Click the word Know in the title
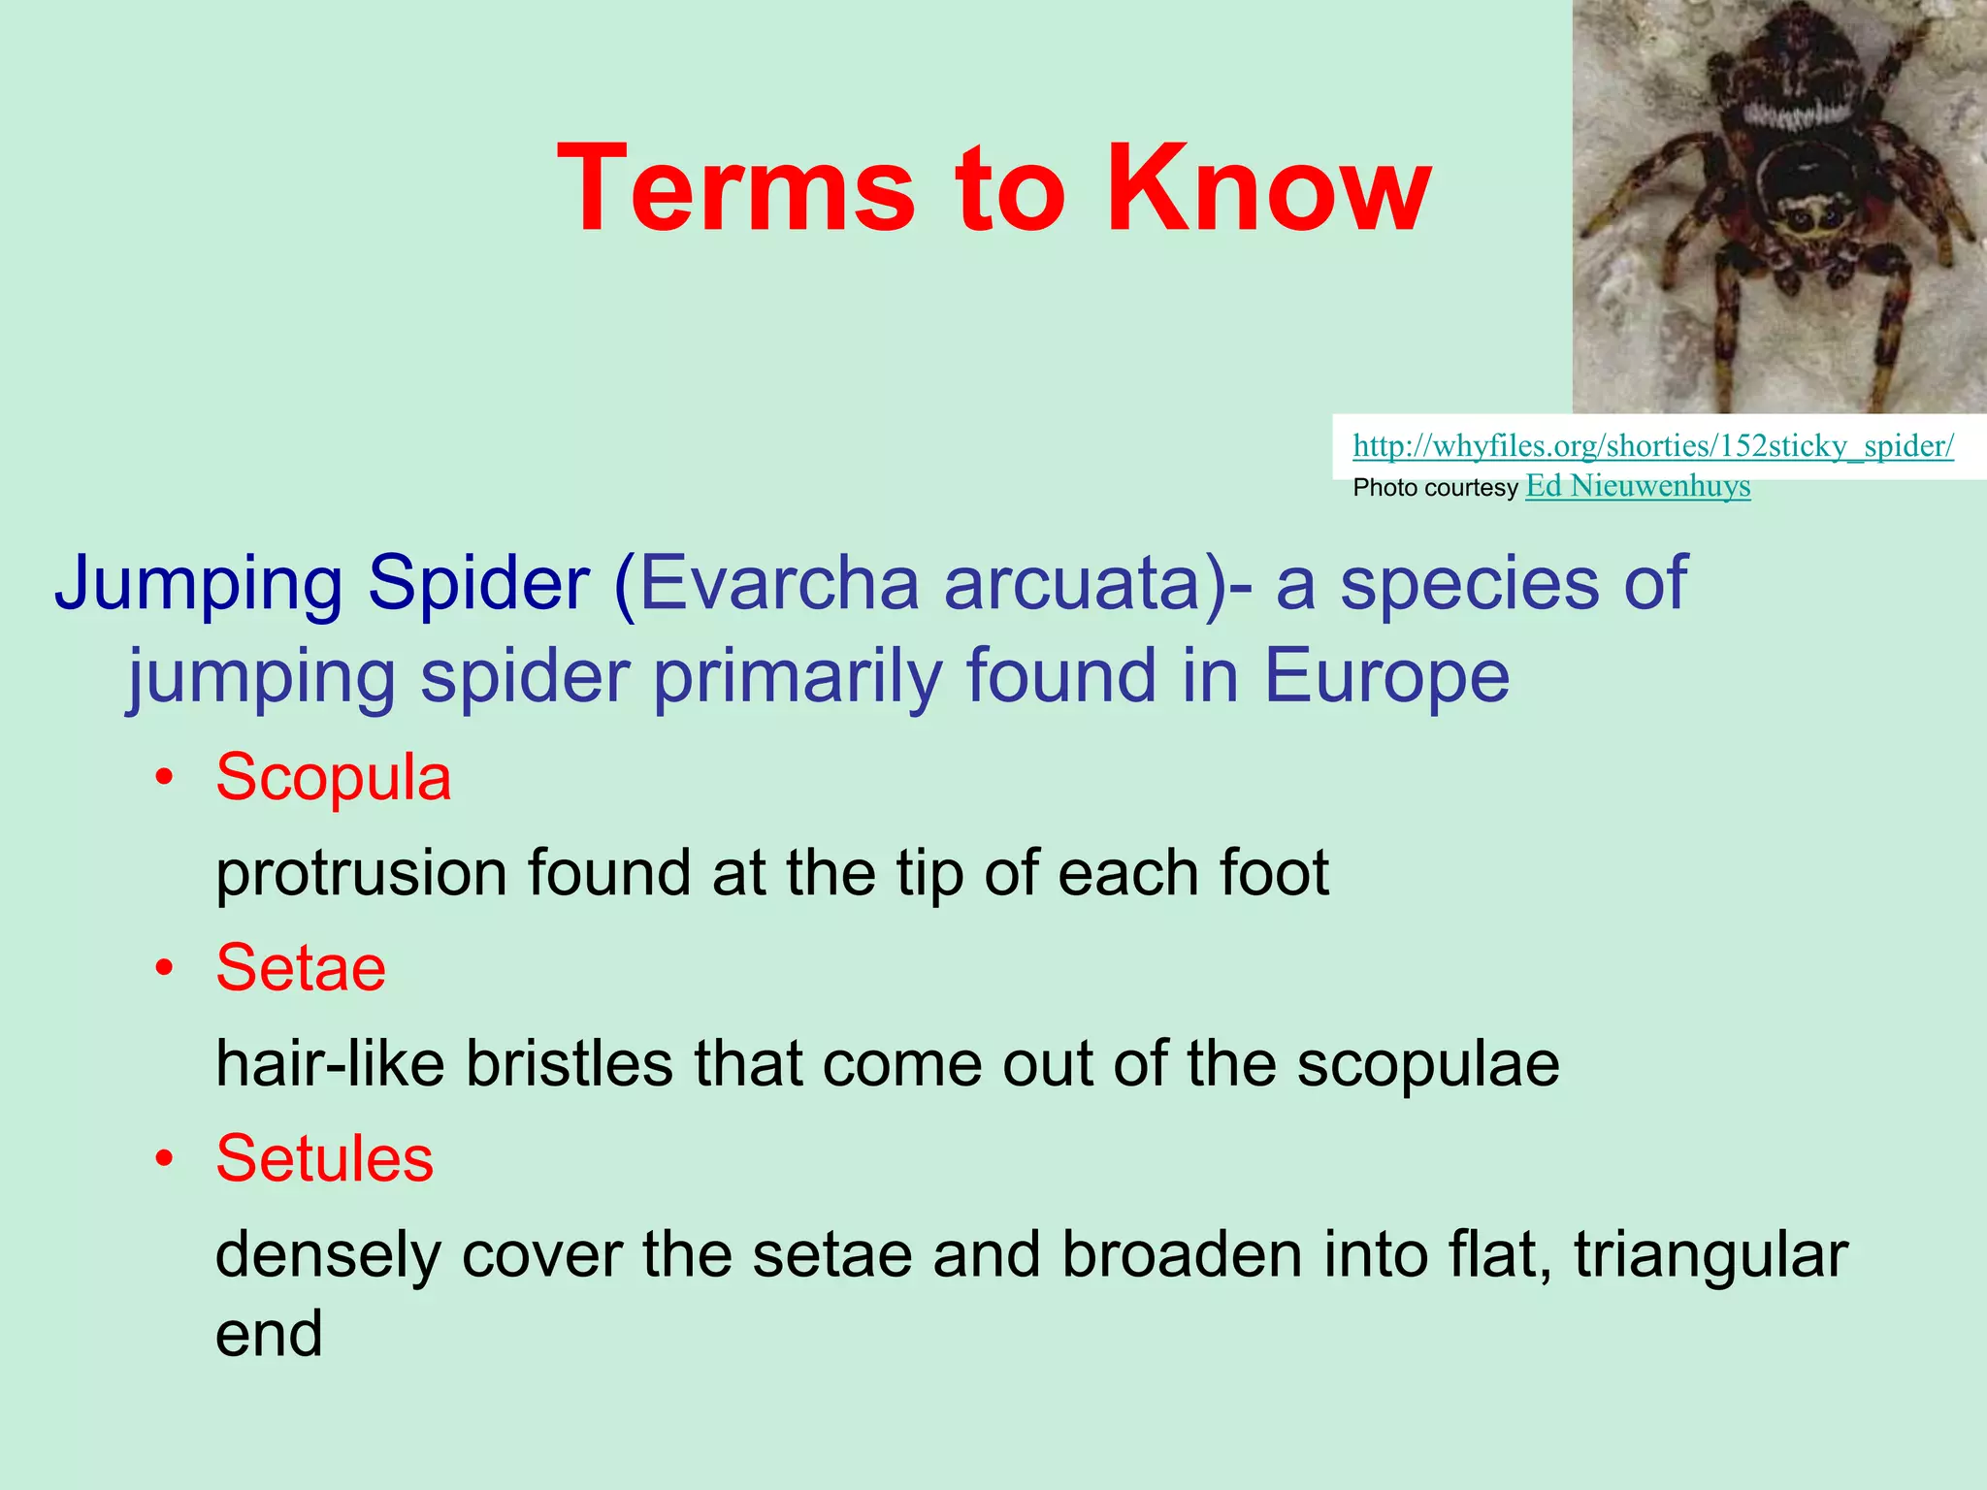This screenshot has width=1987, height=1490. tap(1268, 188)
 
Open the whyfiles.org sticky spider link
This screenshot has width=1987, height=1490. tap(1652, 446)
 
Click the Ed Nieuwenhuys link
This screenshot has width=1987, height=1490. tap(1638, 486)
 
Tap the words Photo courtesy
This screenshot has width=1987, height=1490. tap(1434, 488)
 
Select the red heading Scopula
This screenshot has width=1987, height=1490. tap(333, 777)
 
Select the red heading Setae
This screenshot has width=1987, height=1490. tap(300, 968)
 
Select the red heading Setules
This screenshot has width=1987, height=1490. tap(324, 1158)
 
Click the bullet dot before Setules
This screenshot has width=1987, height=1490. tap(167, 1160)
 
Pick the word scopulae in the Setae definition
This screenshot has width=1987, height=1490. tap(1428, 1064)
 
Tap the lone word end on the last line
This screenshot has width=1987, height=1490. tap(268, 1334)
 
